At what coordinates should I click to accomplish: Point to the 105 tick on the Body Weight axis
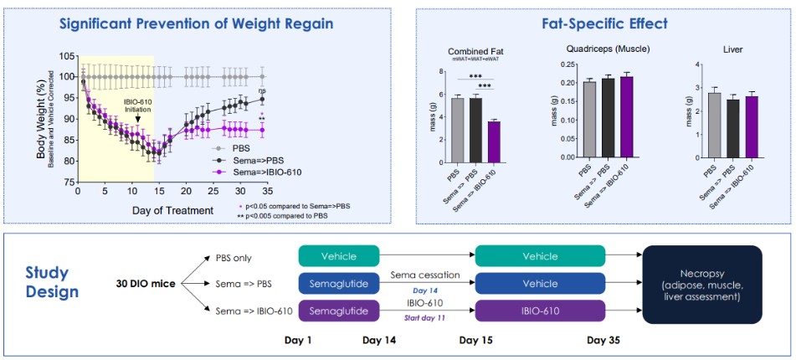66,55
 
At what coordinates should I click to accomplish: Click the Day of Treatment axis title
172,209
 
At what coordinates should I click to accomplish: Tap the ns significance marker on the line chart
262,91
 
